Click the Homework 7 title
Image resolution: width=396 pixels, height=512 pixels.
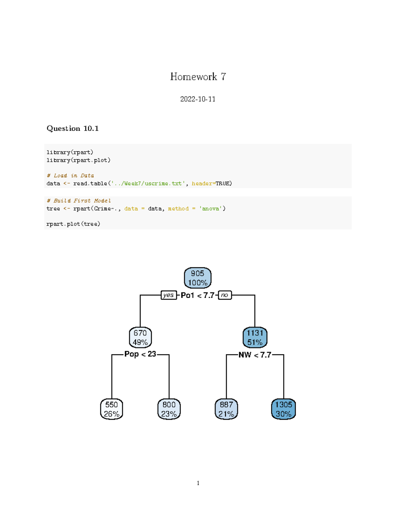click(x=198, y=77)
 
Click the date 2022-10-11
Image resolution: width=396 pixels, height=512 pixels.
click(x=198, y=99)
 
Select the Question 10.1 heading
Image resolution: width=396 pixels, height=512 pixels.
click(x=73, y=129)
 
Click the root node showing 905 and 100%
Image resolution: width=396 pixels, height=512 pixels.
click(x=197, y=278)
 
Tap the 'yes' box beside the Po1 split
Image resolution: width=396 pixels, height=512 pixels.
click(x=168, y=295)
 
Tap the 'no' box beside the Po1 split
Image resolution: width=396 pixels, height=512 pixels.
click(x=225, y=295)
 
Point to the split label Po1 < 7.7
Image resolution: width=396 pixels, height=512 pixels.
click(x=197, y=295)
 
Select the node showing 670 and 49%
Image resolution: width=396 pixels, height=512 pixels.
click(x=140, y=338)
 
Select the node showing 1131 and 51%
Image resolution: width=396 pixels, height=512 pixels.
click(x=255, y=338)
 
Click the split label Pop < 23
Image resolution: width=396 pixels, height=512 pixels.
click(x=140, y=354)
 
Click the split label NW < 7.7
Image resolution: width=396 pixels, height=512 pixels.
click(x=255, y=355)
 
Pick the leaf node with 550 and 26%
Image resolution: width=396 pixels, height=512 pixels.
click(x=112, y=409)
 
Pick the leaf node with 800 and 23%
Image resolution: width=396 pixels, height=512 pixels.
click(x=169, y=409)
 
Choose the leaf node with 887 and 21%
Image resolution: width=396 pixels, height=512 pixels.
click(x=226, y=409)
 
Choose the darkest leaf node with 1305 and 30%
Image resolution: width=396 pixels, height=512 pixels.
click(x=283, y=409)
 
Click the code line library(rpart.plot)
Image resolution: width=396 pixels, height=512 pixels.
click(x=79, y=160)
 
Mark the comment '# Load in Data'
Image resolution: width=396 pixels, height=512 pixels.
click(x=70, y=176)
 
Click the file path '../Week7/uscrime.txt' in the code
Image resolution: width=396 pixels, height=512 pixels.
click(x=147, y=184)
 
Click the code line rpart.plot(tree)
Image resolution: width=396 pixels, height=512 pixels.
click(x=73, y=224)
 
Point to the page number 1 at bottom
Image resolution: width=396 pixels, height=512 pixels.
click(x=198, y=483)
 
